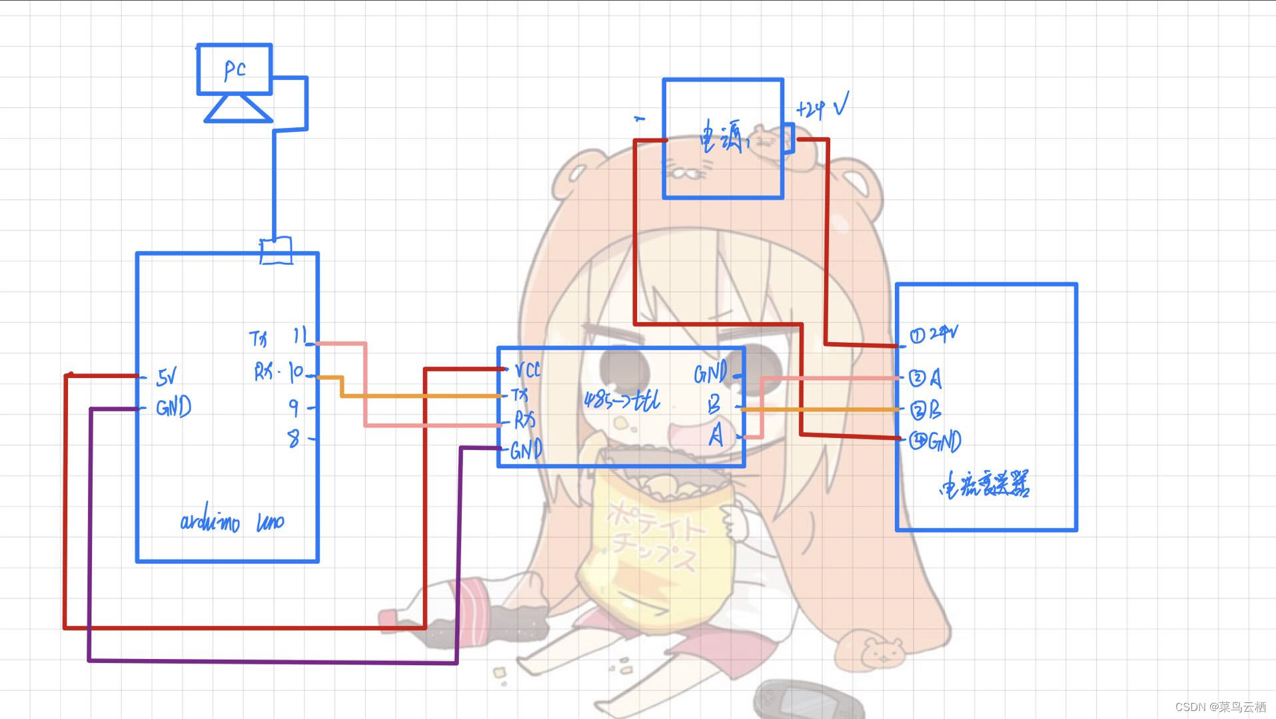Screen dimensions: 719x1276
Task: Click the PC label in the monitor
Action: click(235, 70)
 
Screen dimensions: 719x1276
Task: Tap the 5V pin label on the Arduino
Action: click(167, 377)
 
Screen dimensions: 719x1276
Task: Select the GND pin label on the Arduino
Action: click(173, 407)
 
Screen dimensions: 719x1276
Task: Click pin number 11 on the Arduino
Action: click(299, 336)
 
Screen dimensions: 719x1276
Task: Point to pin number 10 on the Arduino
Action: click(296, 373)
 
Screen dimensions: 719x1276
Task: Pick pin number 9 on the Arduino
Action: click(294, 406)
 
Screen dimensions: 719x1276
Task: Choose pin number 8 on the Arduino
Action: click(293, 438)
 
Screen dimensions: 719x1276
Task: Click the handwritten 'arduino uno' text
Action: click(232, 521)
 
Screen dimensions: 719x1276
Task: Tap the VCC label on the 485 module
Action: click(528, 369)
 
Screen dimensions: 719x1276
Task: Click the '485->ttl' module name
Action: click(622, 400)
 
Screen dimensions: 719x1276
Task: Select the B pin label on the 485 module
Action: click(714, 404)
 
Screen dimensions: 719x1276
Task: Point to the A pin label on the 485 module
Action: click(716, 436)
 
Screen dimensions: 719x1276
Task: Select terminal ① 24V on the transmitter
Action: click(934, 334)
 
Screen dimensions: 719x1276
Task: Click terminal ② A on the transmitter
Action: click(926, 378)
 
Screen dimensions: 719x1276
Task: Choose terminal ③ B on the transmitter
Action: click(926, 411)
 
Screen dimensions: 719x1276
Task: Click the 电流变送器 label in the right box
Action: click(984, 485)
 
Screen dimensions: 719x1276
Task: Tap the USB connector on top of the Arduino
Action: click(276, 250)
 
